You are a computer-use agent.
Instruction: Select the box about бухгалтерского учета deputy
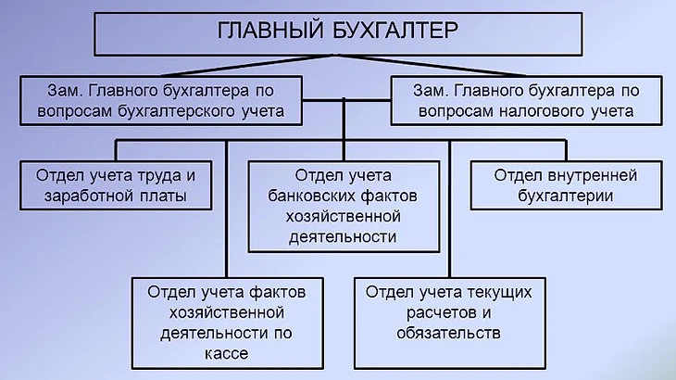coord(164,101)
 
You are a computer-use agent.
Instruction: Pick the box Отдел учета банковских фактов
coord(343,205)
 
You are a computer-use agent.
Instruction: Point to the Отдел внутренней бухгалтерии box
coord(566,184)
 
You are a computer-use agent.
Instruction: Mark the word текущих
coord(501,291)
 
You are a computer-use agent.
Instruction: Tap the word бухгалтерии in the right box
coord(566,196)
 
